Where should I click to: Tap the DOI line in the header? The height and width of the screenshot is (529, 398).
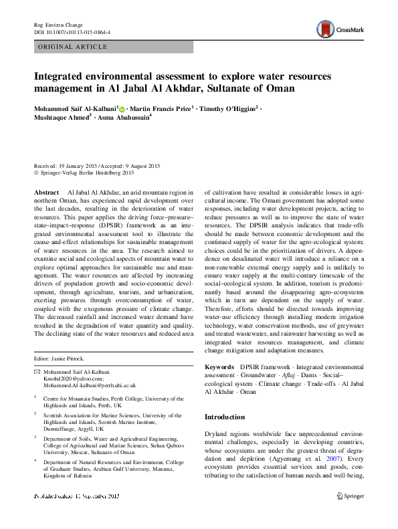72,31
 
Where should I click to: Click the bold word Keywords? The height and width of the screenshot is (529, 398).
219,367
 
